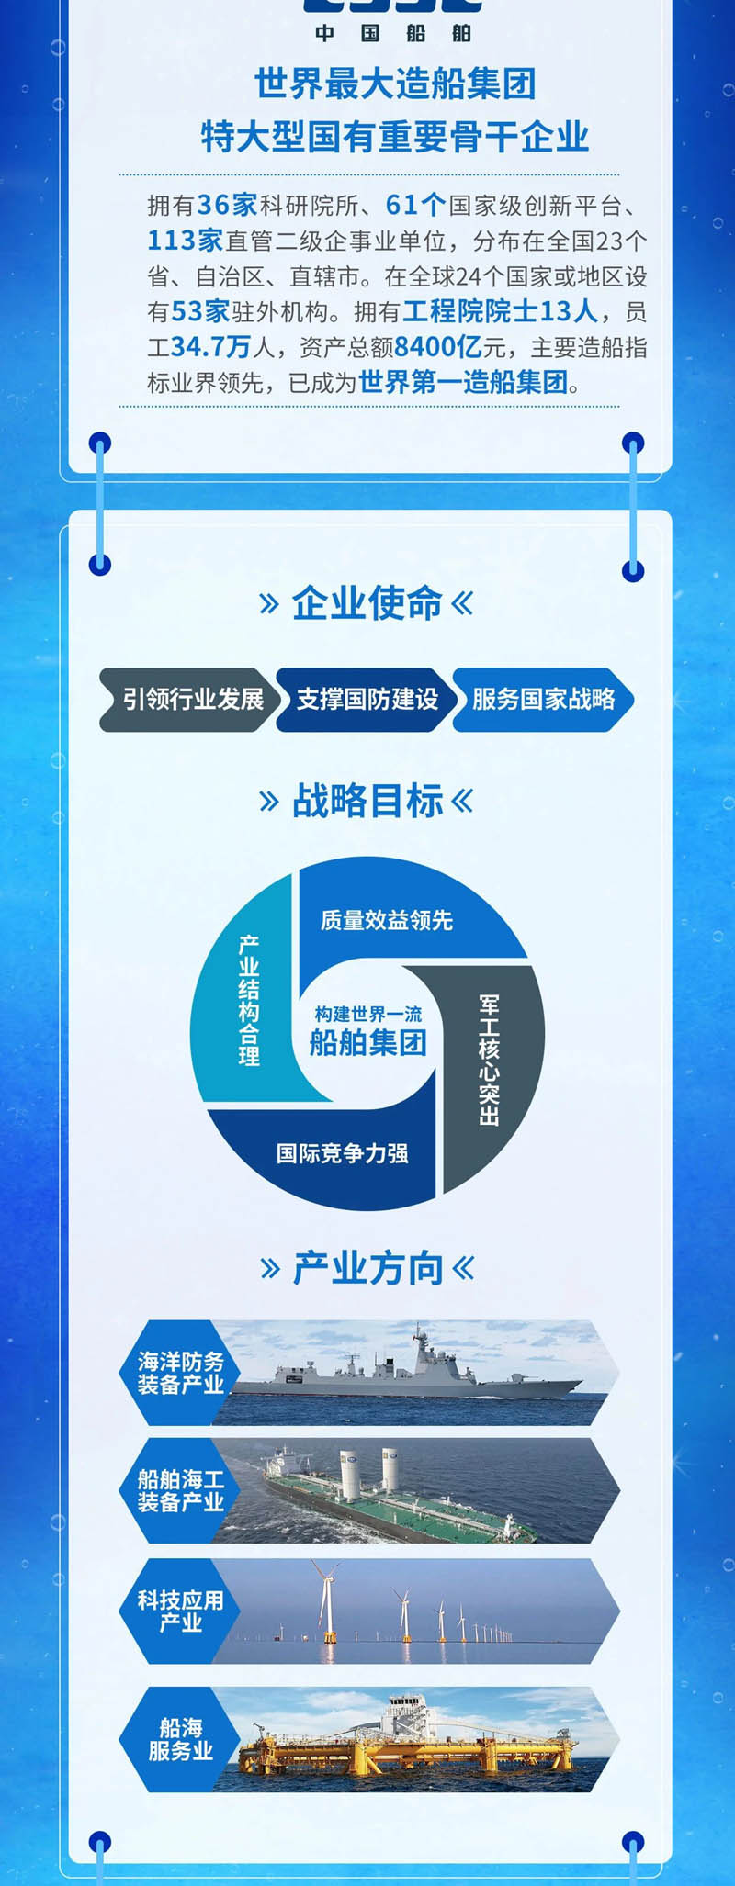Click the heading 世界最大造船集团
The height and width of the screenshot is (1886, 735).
(x=395, y=84)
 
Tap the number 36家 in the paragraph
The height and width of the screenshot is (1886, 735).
(x=227, y=205)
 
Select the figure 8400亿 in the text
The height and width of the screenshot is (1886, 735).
(x=438, y=347)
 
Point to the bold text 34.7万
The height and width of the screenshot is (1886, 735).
(x=210, y=347)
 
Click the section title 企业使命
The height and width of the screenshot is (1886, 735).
(x=367, y=603)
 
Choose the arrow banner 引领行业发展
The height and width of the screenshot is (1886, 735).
(x=191, y=700)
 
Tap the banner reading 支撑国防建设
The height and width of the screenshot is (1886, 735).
(x=366, y=700)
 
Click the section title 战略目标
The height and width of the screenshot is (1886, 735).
(x=367, y=801)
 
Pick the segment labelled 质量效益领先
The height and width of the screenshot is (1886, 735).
(x=387, y=920)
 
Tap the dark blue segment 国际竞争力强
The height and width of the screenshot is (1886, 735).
(x=342, y=1153)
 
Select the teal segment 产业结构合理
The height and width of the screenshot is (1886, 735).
(x=248, y=1001)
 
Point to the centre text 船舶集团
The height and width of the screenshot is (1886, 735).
(x=367, y=1042)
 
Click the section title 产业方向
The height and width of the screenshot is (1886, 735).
(x=367, y=1268)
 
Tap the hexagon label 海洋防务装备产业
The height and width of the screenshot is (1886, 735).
(x=180, y=1373)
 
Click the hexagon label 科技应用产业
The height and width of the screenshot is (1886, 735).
(x=180, y=1611)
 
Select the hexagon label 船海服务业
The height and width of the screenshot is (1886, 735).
(x=180, y=1739)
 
